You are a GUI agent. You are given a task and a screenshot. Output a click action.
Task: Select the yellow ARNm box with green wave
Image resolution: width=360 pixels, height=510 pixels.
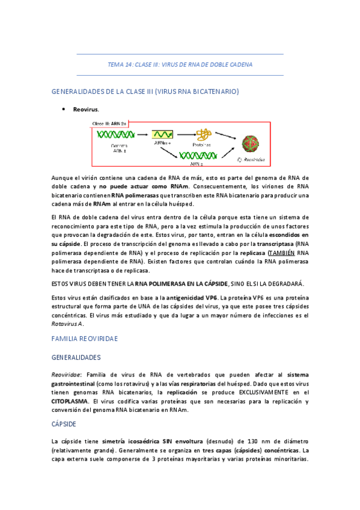[161, 135]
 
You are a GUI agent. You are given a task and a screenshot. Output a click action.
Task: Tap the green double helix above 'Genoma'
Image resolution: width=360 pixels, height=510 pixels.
[116, 135]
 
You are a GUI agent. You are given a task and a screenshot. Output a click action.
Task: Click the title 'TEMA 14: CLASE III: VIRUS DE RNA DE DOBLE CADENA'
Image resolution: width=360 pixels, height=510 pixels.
[180, 64]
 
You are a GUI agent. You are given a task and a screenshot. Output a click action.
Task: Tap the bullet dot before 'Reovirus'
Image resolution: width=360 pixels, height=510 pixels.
[63, 109]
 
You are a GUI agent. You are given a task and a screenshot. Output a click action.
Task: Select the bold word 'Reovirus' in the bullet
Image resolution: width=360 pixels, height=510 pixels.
[85, 110]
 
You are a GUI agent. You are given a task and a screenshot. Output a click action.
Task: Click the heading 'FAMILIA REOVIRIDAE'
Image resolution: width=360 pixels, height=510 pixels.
[85, 339]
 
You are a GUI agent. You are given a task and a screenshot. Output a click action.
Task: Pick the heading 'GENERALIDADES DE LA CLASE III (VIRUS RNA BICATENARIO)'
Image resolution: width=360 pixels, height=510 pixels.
[145, 91]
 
